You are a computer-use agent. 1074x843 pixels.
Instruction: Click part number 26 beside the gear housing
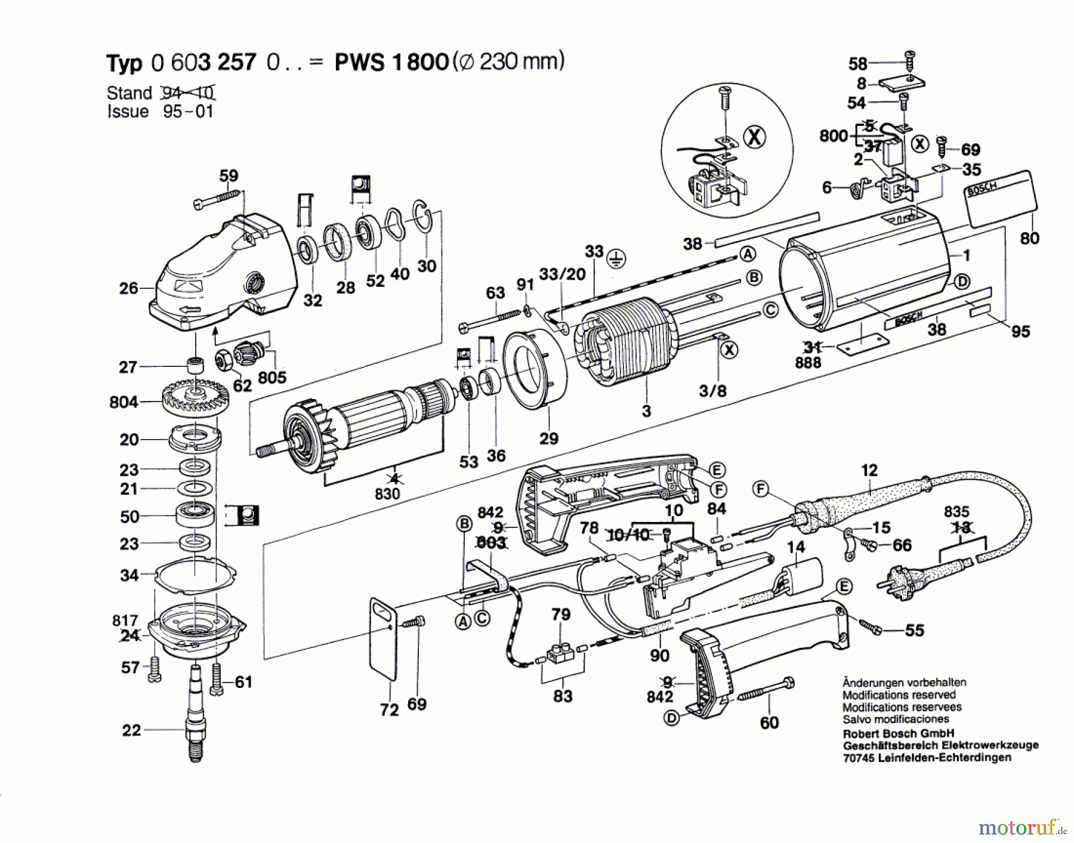pos(128,289)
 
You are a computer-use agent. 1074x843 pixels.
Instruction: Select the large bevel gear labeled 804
pos(195,397)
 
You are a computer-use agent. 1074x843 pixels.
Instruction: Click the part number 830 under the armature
pos(387,494)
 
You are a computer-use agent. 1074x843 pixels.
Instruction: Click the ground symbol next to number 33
pos(616,258)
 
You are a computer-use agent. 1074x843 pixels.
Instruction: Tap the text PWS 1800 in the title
pos(391,62)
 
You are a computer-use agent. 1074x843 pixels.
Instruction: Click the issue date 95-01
pos(188,112)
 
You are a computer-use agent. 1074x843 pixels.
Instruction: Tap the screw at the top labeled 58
pos(910,61)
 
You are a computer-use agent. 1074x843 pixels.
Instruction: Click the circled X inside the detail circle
pos(754,138)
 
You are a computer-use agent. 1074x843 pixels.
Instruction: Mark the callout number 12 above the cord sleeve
pos(869,470)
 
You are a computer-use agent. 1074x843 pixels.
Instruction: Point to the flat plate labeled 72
pos(383,638)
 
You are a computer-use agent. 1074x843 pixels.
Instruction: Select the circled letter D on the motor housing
pos(961,282)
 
